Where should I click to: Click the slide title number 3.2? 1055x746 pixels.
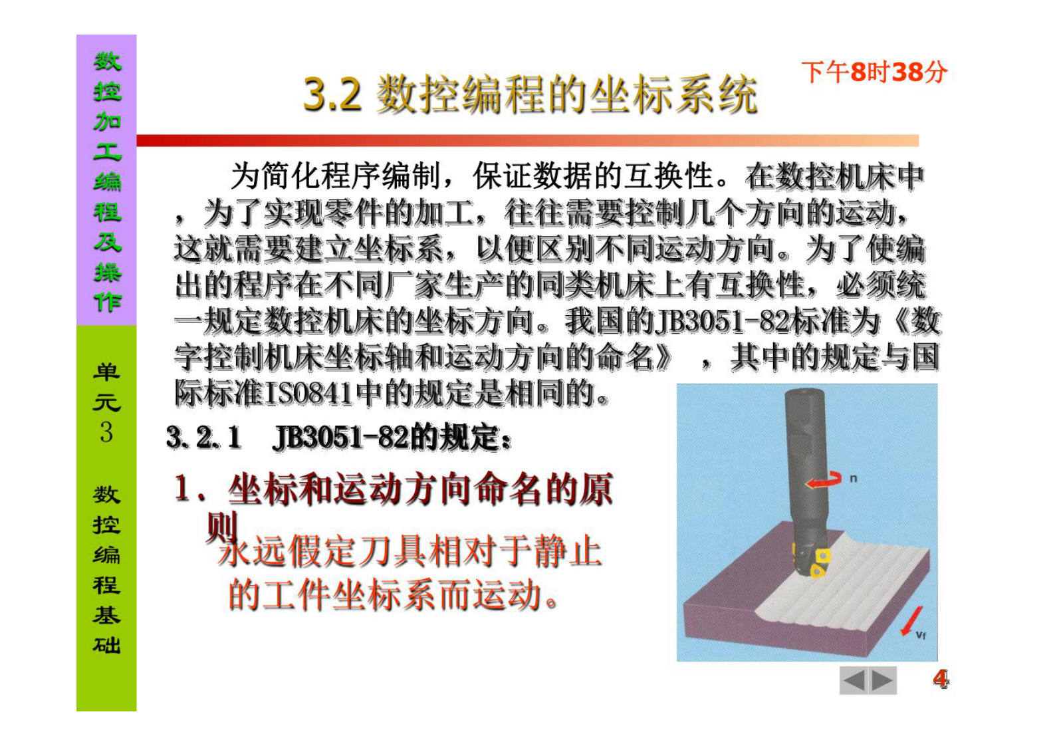tap(332, 94)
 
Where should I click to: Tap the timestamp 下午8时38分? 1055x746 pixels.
tap(874, 72)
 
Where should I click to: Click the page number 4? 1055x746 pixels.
tap(940, 679)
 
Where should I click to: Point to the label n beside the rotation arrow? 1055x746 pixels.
tap(854, 477)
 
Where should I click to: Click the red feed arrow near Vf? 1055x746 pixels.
tap(911, 620)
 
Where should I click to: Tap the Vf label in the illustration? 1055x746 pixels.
tap(921, 635)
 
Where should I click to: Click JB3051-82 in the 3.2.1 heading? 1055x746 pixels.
tap(340, 438)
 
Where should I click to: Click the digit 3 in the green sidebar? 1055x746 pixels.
tap(106, 432)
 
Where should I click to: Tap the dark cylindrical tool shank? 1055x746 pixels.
tap(804, 452)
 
